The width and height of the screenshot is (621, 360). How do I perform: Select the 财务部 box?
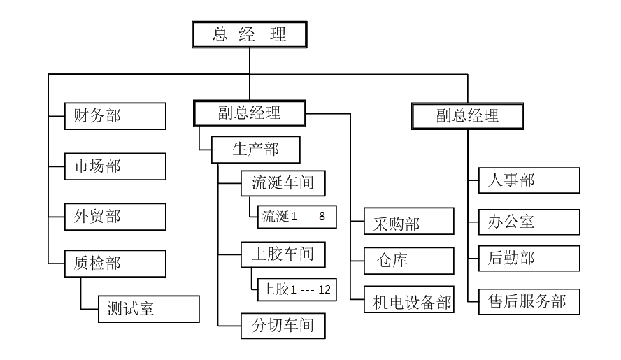pos(115,116)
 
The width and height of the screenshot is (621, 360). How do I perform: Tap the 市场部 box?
pos(115,166)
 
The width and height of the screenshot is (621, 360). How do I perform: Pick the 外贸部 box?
pos(115,217)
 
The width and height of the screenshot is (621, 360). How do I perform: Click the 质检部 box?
pos(115,264)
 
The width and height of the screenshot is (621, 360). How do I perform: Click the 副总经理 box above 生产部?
pos(249,113)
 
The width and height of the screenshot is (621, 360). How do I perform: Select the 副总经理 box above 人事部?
pos(468,115)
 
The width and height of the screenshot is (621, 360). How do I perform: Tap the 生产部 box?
pos(255,150)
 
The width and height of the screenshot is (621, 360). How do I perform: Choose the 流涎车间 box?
pos(283,184)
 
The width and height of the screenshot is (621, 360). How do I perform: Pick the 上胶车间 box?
pos(283,254)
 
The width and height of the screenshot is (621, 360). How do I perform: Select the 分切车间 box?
pos(283,325)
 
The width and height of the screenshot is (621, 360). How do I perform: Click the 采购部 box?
pos(409,224)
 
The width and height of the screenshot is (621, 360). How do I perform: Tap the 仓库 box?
pos(409,261)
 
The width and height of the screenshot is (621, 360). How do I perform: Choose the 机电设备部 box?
pos(409,302)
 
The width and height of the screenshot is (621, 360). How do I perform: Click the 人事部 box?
pos(529,180)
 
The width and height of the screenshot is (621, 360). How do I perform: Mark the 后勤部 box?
pos(529,258)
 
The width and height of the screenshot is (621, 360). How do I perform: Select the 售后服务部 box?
pos(529,301)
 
